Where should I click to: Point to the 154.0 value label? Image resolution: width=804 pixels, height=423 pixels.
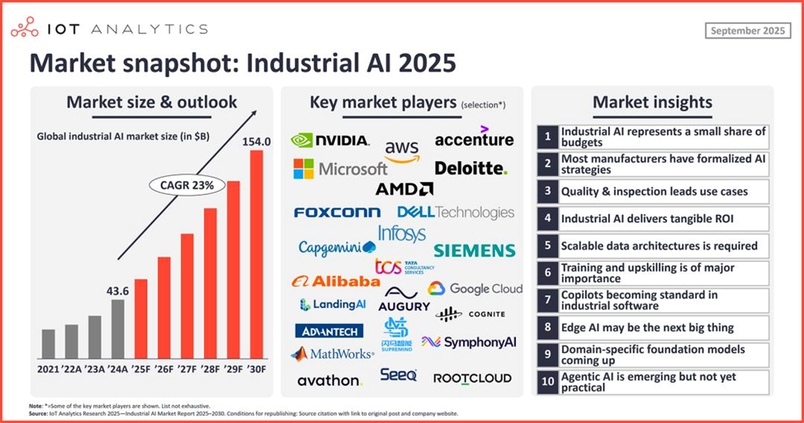(256, 141)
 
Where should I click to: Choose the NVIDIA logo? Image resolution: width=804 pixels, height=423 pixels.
(330, 140)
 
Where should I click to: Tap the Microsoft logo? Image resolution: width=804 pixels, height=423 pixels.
(340, 169)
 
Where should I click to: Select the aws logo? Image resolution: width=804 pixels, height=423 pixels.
(402, 151)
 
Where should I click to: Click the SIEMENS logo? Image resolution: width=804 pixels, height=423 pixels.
(474, 250)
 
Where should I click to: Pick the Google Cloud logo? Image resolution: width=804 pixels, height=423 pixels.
(475, 288)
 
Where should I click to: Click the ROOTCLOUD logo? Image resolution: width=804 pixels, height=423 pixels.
(472, 378)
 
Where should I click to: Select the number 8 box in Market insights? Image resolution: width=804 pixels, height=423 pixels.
(546, 327)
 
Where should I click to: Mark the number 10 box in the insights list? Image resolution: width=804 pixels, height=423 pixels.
(546, 382)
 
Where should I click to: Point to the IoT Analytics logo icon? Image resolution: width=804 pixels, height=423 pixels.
(24, 29)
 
